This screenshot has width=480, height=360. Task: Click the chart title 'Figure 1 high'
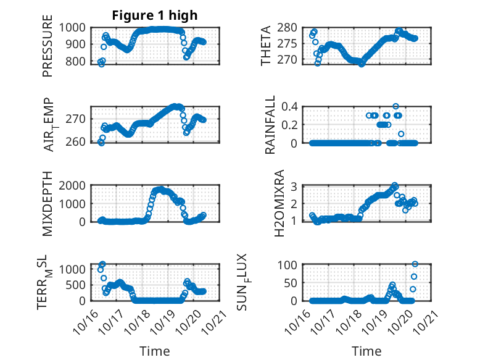click(155, 15)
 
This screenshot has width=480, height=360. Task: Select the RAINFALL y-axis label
click(270, 125)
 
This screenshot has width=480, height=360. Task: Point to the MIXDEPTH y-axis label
click(48, 204)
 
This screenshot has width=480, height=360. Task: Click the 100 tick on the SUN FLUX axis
click(290, 264)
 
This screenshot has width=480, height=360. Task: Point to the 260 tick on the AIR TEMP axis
click(78, 143)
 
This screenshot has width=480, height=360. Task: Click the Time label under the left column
click(155, 351)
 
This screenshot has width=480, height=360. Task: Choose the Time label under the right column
click(366, 351)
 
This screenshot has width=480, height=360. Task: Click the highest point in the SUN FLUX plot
click(415, 264)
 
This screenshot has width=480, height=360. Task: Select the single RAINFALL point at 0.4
click(395, 106)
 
